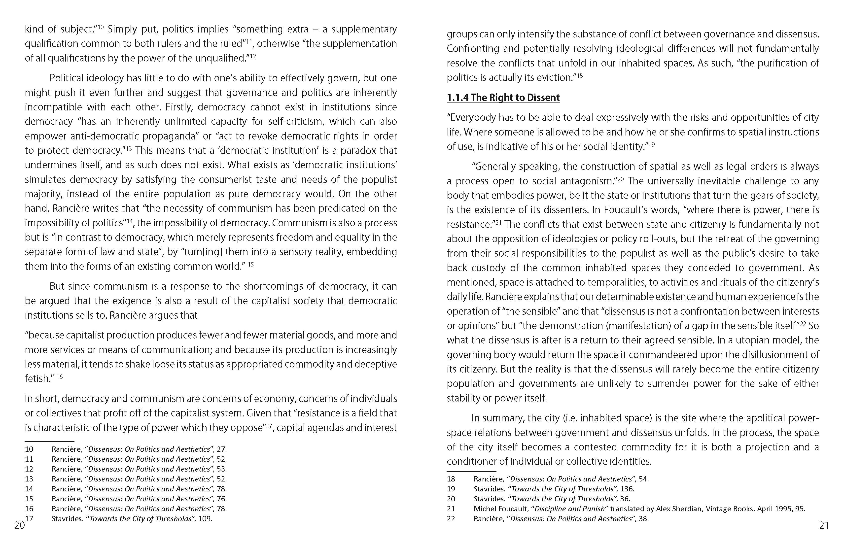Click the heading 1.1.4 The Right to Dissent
pos(503,98)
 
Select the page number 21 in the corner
pos(824,525)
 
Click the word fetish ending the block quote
pos(37,379)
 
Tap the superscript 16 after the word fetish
pos(60,376)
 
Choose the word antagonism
pos(587,181)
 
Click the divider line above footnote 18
pos(466,472)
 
